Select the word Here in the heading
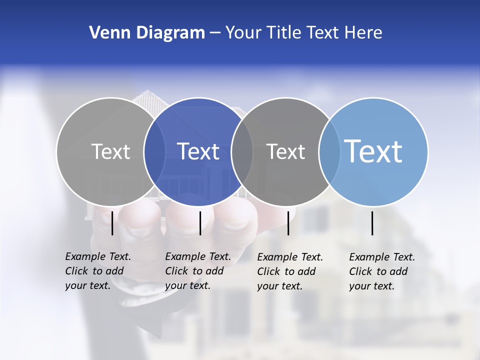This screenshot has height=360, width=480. [x=363, y=33]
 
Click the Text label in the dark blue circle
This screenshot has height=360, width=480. [x=198, y=151]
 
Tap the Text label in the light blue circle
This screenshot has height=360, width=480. [x=373, y=151]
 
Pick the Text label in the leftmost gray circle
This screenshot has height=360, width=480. [x=110, y=151]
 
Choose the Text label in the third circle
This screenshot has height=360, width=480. [x=285, y=151]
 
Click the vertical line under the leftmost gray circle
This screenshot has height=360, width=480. [x=112, y=223]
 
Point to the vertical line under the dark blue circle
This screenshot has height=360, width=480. [x=200, y=223]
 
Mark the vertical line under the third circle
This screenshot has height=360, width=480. [x=288, y=223]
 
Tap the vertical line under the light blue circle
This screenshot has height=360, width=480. [x=372, y=223]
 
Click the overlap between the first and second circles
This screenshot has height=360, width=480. [x=154, y=151]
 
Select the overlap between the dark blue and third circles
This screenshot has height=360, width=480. [x=242, y=151]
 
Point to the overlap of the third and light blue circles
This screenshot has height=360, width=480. [x=329, y=151]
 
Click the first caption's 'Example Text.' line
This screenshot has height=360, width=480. [x=98, y=256]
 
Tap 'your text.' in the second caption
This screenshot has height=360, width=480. [x=187, y=285]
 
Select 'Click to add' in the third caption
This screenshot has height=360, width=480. [x=286, y=271]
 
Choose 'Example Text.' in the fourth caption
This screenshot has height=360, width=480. [x=382, y=257]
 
